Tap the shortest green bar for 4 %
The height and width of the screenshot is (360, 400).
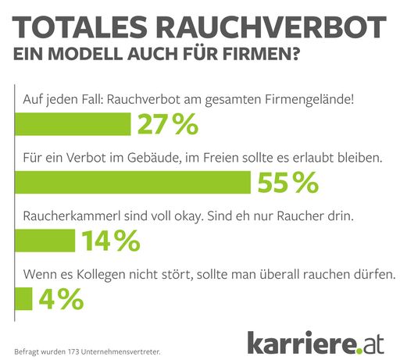[x=24, y=298]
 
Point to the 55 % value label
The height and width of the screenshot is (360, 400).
[x=286, y=182]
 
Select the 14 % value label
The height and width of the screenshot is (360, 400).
[x=109, y=241]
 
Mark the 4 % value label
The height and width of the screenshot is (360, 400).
[x=61, y=298]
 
